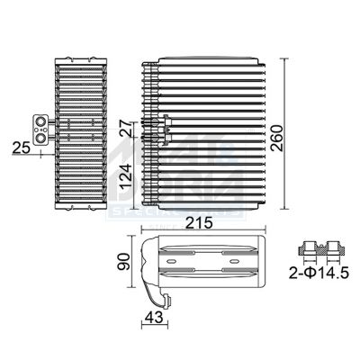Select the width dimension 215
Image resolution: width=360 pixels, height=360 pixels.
(206, 221)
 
